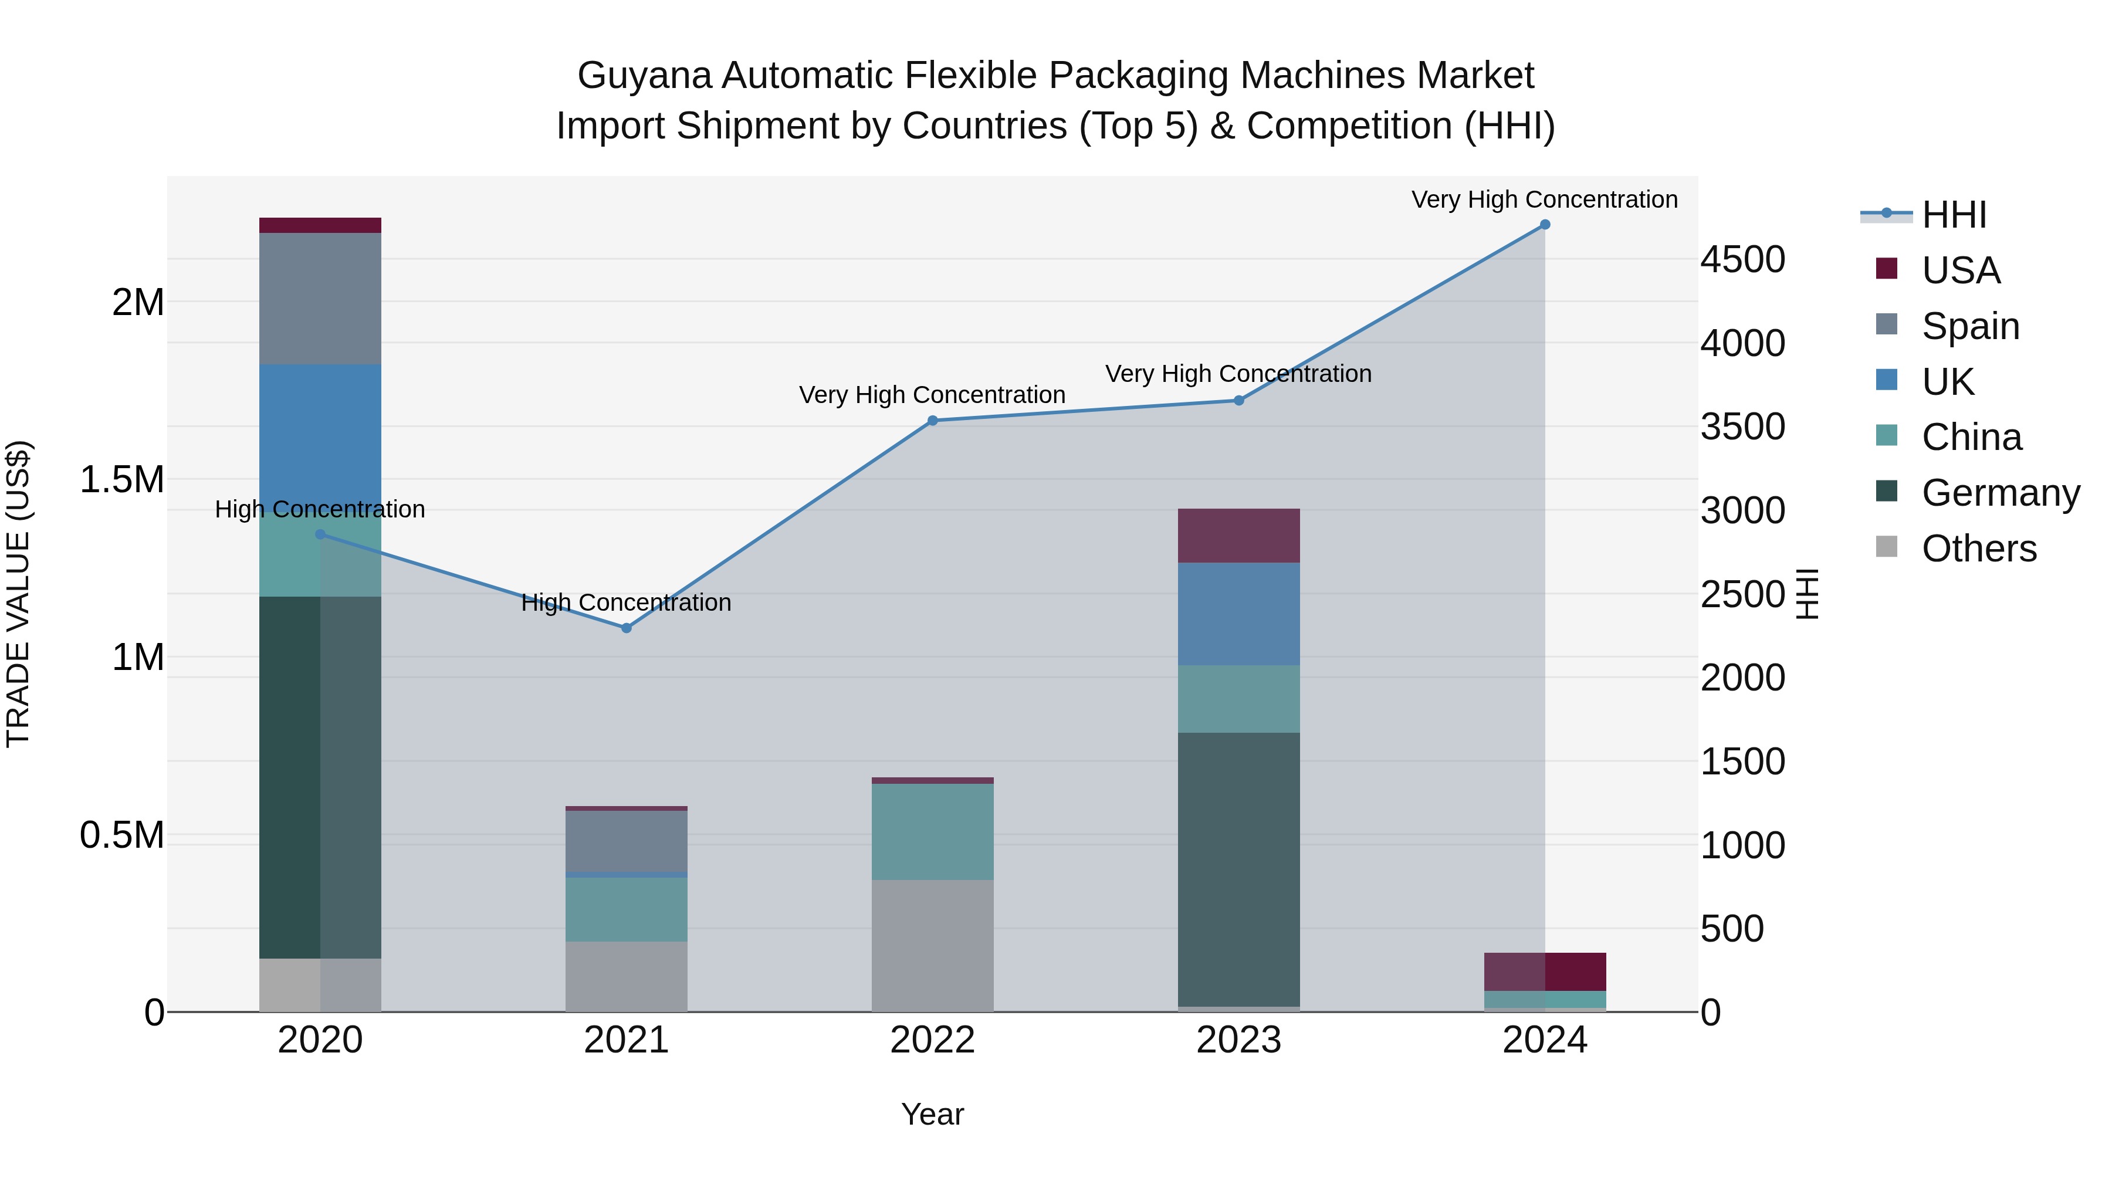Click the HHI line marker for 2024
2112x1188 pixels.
pyautogui.click(x=1545, y=225)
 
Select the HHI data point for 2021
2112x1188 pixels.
pyautogui.click(x=627, y=628)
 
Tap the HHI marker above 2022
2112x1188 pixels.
pyautogui.click(x=932, y=421)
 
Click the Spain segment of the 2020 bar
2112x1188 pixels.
pyautogui.click(x=320, y=299)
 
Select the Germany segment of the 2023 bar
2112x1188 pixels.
pyautogui.click(x=1238, y=869)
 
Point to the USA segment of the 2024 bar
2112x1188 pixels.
pyautogui.click(x=1545, y=972)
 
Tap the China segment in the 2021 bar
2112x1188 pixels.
pyautogui.click(x=627, y=909)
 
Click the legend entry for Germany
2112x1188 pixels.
pyautogui.click(x=2001, y=493)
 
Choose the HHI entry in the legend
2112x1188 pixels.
pyautogui.click(x=1954, y=215)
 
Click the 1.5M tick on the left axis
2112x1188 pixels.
pyautogui.click(x=122, y=480)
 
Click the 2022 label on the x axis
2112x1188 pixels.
pyautogui.click(x=932, y=1040)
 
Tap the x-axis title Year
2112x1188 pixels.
pyautogui.click(x=932, y=1114)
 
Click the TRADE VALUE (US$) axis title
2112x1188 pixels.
pyautogui.click(x=18, y=594)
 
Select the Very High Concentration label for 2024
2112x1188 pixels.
pyautogui.click(x=1544, y=199)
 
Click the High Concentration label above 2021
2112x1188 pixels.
pyautogui.click(x=627, y=603)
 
